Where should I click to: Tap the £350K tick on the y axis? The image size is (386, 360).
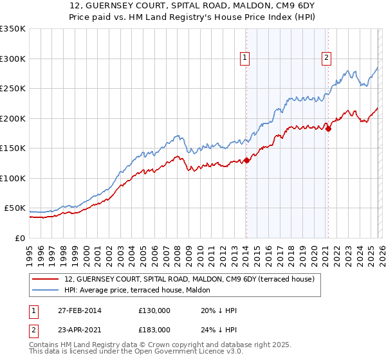coord(13,29)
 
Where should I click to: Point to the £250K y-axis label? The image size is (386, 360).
coord(13,89)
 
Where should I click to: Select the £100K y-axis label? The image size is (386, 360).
coord(13,178)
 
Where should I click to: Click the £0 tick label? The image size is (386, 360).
coord(19,238)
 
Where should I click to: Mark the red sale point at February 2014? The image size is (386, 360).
coord(246,161)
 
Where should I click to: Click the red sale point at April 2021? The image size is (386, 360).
coord(328,129)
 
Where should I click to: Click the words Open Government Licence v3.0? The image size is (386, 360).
coord(199,353)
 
